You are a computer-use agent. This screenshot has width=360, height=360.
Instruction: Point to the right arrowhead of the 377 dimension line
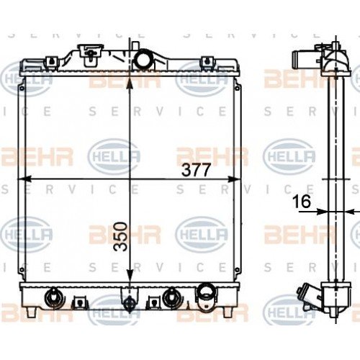(237, 178)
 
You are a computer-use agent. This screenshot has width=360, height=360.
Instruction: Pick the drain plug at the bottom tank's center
(128, 301)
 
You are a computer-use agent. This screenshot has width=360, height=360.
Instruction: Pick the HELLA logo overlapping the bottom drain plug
(114, 310)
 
